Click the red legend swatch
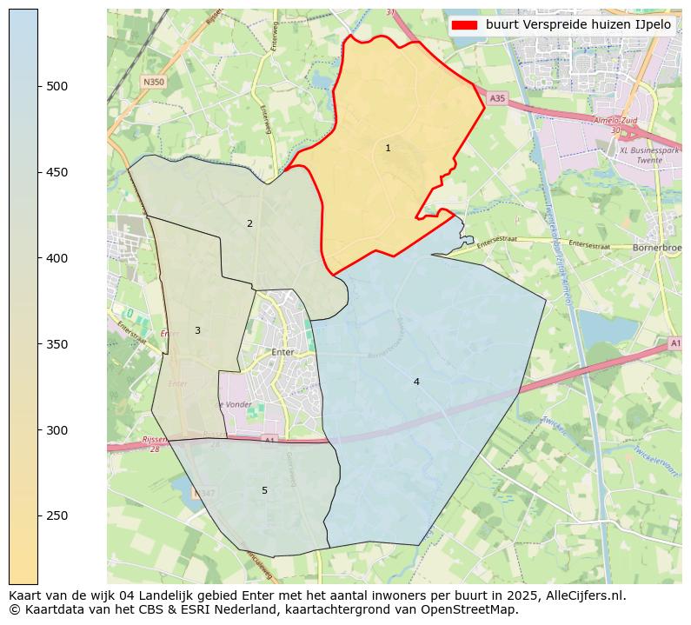(x=465, y=25)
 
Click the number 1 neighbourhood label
(x=388, y=148)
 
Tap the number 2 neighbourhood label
(x=249, y=223)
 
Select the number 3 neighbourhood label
(x=197, y=330)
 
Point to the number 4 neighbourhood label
(x=416, y=382)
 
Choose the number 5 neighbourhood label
(x=264, y=490)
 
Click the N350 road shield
(x=153, y=82)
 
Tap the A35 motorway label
(x=496, y=99)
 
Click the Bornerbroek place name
(x=657, y=246)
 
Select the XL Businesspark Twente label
(x=648, y=156)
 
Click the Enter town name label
(x=283, y=352)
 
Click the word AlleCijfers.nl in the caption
(x=578, y=595)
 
